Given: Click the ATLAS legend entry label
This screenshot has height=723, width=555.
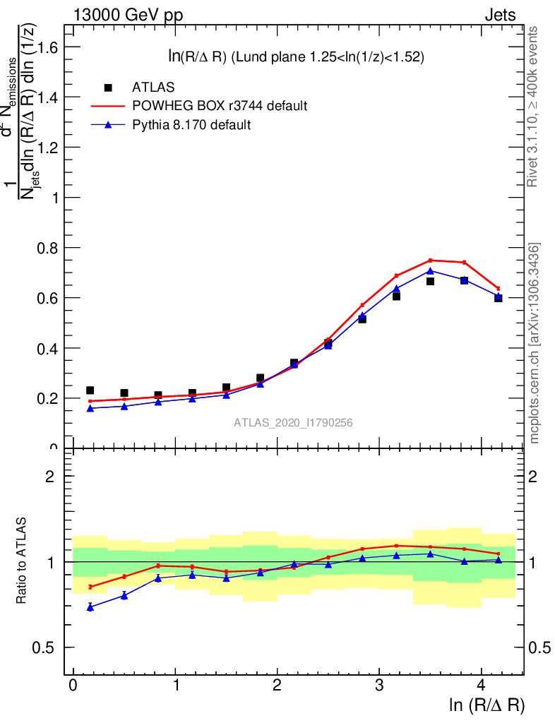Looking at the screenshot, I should [153, 88].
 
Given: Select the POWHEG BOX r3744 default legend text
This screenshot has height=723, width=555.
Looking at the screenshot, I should [220, 106].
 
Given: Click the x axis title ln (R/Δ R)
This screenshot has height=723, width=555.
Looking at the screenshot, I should [487, 705].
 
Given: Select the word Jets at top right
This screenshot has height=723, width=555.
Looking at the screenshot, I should [499, 16].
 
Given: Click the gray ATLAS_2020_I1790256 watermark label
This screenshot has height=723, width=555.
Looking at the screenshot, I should [293, 423].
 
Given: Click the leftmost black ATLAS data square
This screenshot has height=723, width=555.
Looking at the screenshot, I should [90, 390].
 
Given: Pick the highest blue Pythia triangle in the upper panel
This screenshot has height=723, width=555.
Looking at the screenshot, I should [430, 270].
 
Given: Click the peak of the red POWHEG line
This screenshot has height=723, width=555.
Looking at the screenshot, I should [430, 261].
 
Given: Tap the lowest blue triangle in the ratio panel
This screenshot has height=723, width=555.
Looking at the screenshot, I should [90, 607].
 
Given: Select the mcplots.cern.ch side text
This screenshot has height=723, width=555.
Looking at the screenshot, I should [535, 343].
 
